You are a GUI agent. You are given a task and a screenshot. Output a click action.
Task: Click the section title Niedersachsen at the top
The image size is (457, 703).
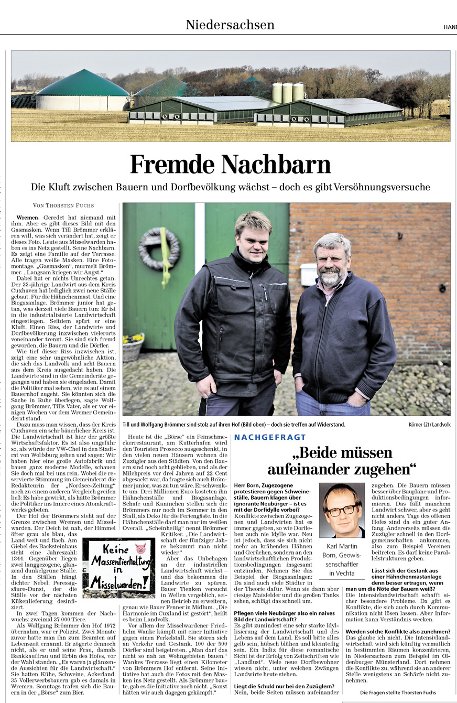[x=230, y=25]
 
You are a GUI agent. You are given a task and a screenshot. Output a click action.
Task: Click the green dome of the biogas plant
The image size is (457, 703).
[x=83, y=84]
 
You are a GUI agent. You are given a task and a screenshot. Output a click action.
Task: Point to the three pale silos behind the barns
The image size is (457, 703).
[x=288, y=92]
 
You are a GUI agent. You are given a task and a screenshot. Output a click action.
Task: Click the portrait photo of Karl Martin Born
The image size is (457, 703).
[x=342, y=510]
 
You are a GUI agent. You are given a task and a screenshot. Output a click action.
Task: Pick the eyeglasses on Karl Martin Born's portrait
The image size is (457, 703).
[x=341, y=509]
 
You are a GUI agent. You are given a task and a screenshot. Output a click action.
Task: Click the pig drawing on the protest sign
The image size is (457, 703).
[x=140, y=549]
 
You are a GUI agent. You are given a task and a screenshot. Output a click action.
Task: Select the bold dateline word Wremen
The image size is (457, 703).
[x=27, y=217]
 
